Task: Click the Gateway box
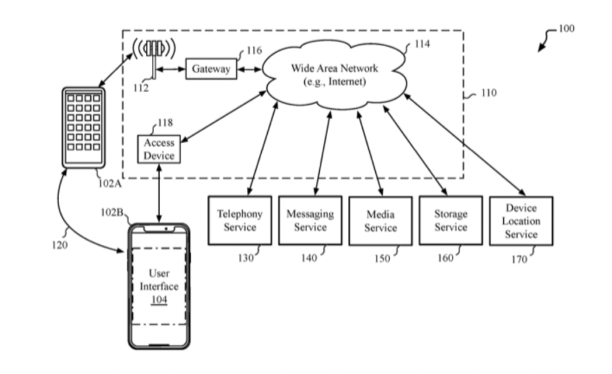tap(211, 69)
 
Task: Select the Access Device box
tap(159, 150)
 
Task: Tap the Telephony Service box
tap(240, 220)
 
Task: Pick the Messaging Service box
tap(310, 220)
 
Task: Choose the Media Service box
tap(380, 221)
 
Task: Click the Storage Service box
tap(451, 220)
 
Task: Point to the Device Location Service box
tap(521, 221)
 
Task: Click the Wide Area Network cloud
tap(335, 75)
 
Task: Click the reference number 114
tap(421, 44)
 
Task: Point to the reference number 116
tap(254, 51)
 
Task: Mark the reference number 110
tap(488, 93)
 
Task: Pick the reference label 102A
tap(110, 184)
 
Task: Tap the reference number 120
tap(60, 245)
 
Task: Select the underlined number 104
tap(159, 299)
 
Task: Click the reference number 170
tap(519, 260)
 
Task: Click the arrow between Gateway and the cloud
tap(249, 69)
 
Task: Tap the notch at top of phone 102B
tap(159, 229)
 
